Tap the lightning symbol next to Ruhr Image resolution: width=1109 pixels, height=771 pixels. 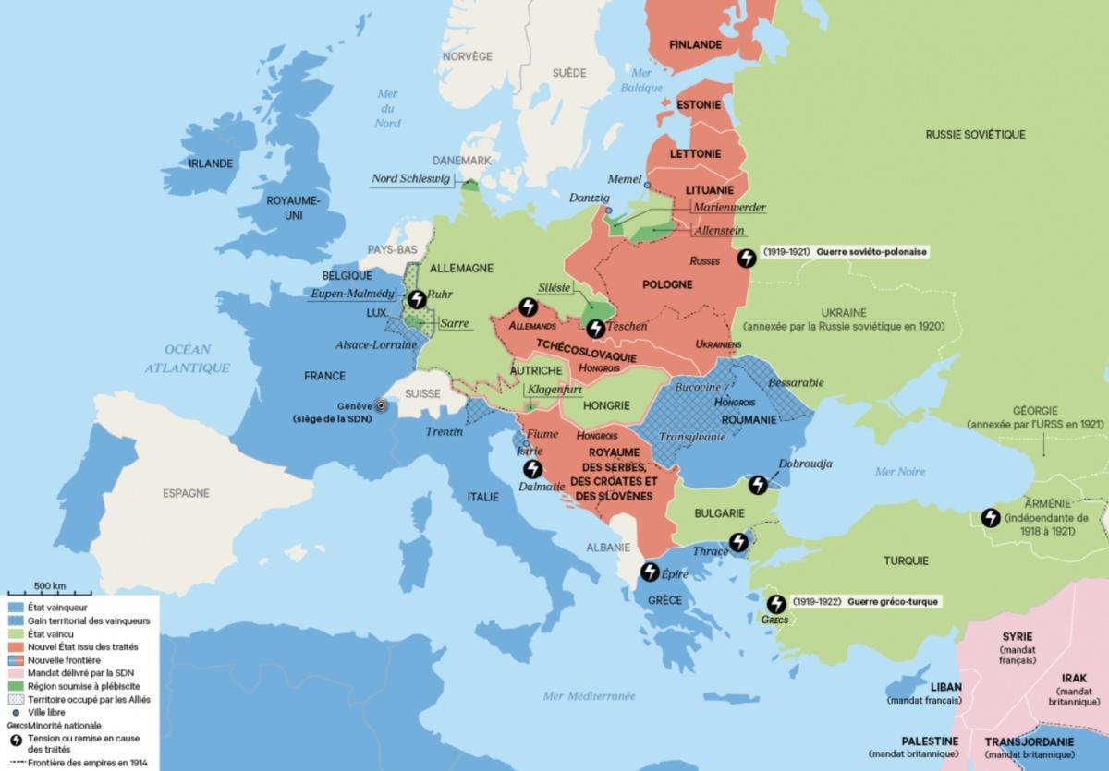point(418,299)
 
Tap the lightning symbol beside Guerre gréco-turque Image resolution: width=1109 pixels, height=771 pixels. point(777,603)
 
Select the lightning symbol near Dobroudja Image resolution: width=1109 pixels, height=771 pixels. point(757,484)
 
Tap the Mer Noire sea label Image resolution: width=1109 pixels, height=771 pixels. point(899,472)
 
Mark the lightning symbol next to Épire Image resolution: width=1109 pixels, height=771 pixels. point(650,572)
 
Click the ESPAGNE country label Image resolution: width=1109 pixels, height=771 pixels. point(188,493)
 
